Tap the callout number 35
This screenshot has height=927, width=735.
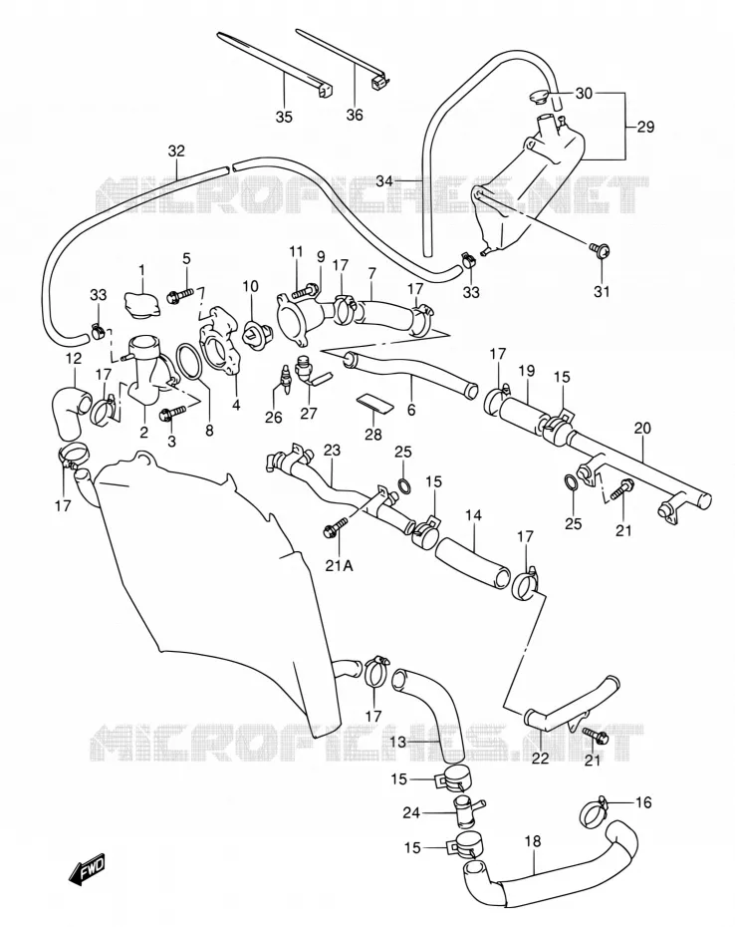tap(284, 117)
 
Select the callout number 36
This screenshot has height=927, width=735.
tap(355, 114)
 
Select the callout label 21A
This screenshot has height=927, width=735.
tap(340, 566)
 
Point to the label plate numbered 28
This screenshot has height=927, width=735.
tap(375, 403)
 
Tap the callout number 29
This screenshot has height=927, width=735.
tap(645, 128)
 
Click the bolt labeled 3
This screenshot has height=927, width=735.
tap(172, 413)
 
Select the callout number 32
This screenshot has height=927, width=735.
tap(176, 151)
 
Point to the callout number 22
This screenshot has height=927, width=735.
tap(541, 758)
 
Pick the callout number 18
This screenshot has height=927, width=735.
tap(533, 841)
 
